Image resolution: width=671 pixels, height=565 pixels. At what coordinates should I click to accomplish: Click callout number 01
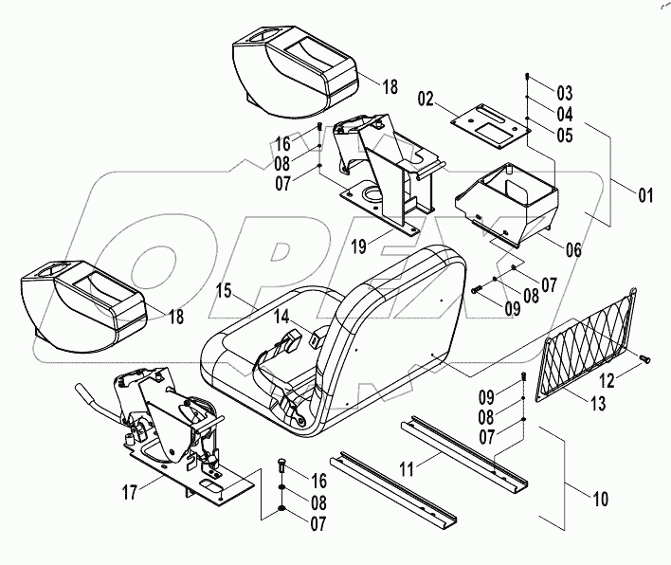click(645, 197)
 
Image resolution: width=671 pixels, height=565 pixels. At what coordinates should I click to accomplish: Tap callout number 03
click(565, 93)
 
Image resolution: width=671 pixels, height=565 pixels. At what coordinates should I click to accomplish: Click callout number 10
click(600, 498)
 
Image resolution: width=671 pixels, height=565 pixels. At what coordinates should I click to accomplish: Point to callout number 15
click(224, 288)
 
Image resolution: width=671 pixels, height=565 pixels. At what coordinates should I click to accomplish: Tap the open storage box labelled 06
click(507, 201)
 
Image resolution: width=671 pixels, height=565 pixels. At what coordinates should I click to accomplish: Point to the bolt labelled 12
click(645, 358)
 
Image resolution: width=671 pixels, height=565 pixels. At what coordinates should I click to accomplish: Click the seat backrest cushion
click(398, 303)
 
